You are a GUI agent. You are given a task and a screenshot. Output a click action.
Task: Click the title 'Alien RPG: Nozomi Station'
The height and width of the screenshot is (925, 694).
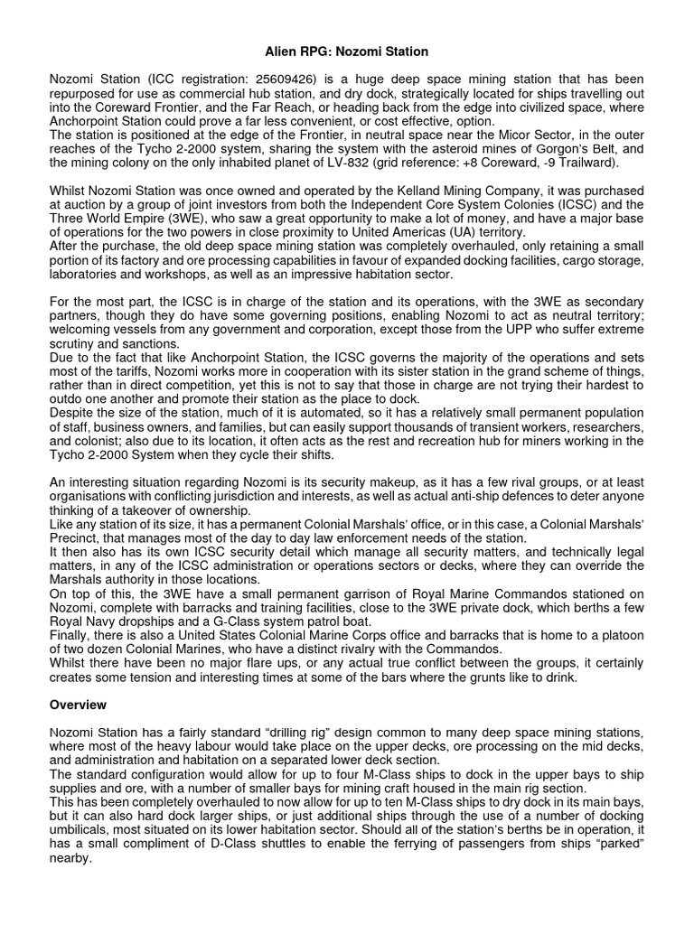pyautogui.click(x=347, y=52)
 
